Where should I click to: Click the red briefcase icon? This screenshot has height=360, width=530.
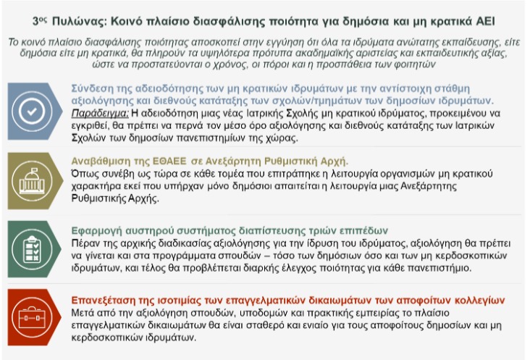pyautogui.click(x=31, y=317)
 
